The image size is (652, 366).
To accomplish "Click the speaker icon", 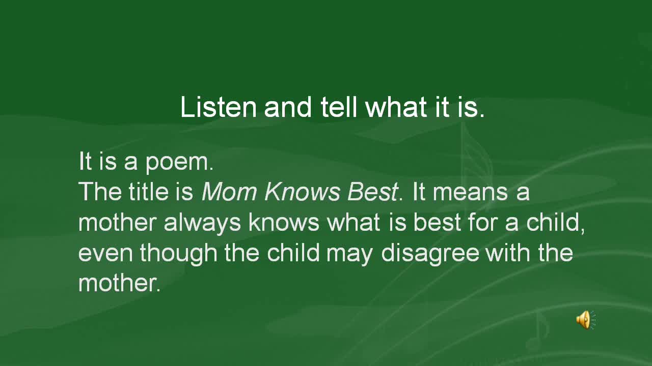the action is coord(586,320).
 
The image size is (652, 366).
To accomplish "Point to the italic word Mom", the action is coord(229,192).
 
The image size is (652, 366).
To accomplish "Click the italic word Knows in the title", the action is coord(302,192).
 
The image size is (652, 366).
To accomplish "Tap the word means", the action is coord(471,193).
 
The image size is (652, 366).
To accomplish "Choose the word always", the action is coord(202,223).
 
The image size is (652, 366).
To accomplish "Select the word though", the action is coord(178,253).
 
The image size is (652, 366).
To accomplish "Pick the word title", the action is coord(148,192).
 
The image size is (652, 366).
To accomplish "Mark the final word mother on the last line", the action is coord(119,283).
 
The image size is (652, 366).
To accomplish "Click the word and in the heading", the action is coord(288,107).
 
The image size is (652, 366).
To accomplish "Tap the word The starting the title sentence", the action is coord(100,192).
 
